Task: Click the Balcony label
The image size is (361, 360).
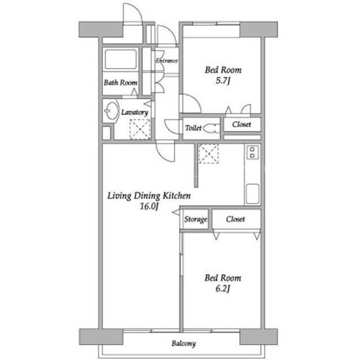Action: click(x=184, y=344)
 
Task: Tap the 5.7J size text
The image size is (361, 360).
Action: click(x=223, y=81)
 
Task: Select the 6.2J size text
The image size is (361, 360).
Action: click(x=223, y=289)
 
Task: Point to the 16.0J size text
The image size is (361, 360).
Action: click(x=149, y=206)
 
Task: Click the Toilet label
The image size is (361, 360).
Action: click(x=193, y=128)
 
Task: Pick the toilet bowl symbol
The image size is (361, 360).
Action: click(x=211, y=128)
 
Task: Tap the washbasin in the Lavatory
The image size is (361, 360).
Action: click(x=112, y=110)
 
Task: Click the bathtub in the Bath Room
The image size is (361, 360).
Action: click(x=121, y=59)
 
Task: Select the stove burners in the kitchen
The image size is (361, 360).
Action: click(x=253, y=153)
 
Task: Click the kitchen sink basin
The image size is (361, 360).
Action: click(x=253, y=194)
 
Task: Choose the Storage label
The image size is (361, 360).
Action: click(x=196, y=219)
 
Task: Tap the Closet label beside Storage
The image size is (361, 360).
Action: click(x=235, y=219)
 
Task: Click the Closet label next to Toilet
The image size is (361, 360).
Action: click(x=241, y=125)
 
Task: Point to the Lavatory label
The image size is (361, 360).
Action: click(x=135, y=112)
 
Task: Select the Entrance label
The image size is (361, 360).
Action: click(x=167, y=61)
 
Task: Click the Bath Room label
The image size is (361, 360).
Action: click(x=121, y=82)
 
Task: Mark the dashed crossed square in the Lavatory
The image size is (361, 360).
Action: click(x=140, y=129)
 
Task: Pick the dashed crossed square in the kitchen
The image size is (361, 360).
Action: click(x=209, y=154)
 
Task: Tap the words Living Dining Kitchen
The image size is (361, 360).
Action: click(x=149, y=196)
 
